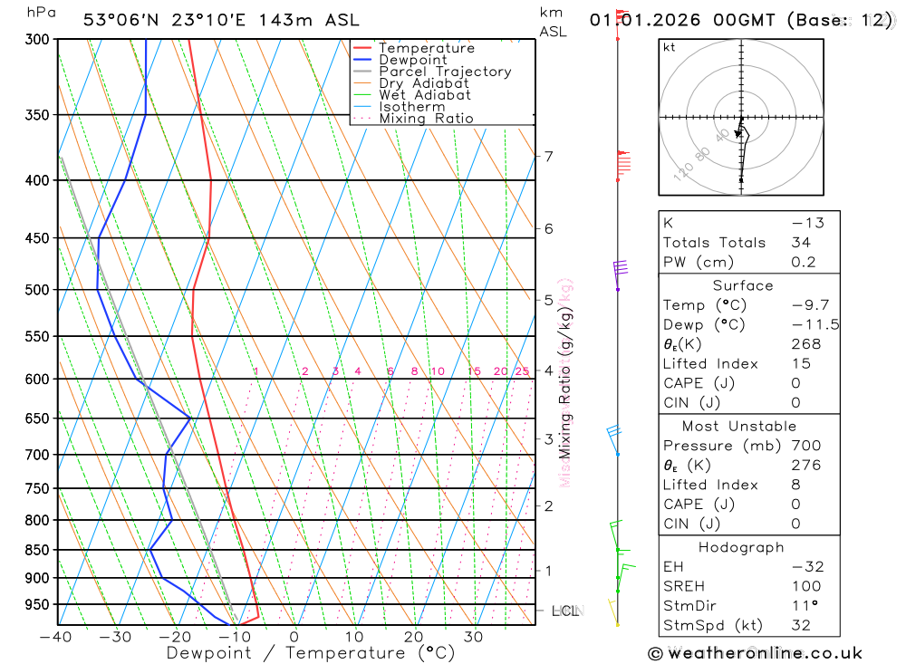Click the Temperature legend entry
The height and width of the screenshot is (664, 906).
(426, 48)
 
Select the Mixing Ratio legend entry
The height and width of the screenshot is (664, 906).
(426, 119)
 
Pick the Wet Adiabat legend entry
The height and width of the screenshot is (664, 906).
(424, 95)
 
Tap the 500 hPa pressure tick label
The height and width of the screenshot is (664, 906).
(36, 290)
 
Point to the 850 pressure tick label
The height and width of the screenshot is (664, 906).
(36, 550)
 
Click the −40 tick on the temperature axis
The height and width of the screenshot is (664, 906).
(56, 637)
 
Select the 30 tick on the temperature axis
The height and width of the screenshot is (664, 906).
(473, 637)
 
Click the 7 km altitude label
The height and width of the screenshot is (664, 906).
(548, 156)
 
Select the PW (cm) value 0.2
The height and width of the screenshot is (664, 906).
(804, 263)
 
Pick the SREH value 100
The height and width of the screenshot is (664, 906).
(804, 587)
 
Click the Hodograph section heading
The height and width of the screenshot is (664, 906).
(741, 547)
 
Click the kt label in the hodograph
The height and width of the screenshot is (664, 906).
(670, 47)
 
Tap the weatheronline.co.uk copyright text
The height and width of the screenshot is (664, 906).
(755, 653)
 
